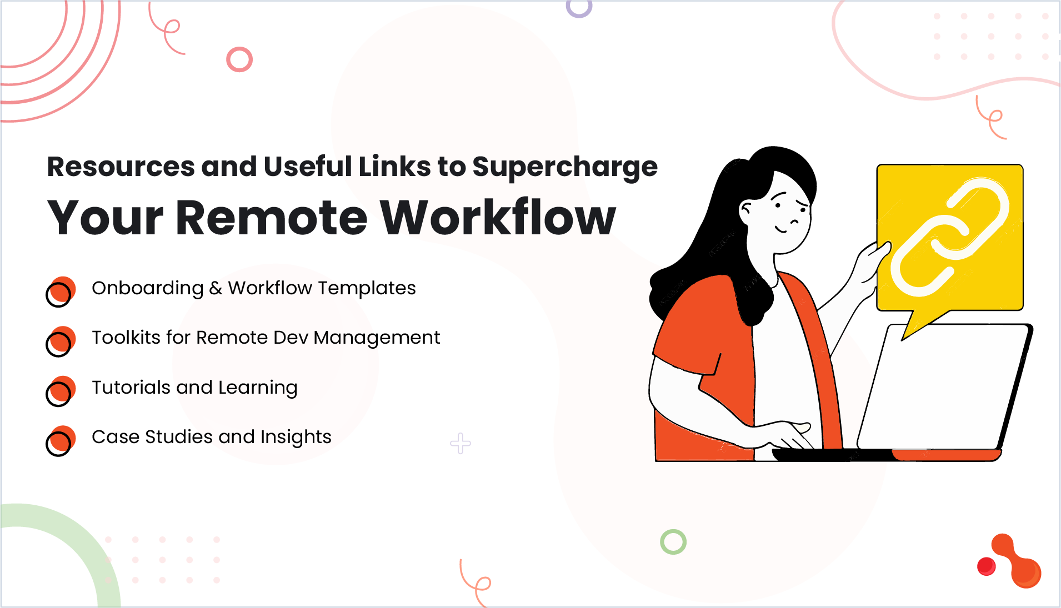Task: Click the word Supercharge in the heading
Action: (564, 167)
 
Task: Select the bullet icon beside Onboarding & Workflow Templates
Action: (60, 292)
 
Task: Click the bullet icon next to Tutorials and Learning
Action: (60, 391)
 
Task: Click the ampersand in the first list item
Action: (216, 288)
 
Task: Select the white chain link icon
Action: (949, 238)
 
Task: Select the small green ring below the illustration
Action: (673, 541)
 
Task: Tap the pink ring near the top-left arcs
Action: (239, 59)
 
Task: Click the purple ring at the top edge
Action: (579, 8)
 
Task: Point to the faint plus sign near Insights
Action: (461, 443)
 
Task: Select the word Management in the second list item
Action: (377, 338)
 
